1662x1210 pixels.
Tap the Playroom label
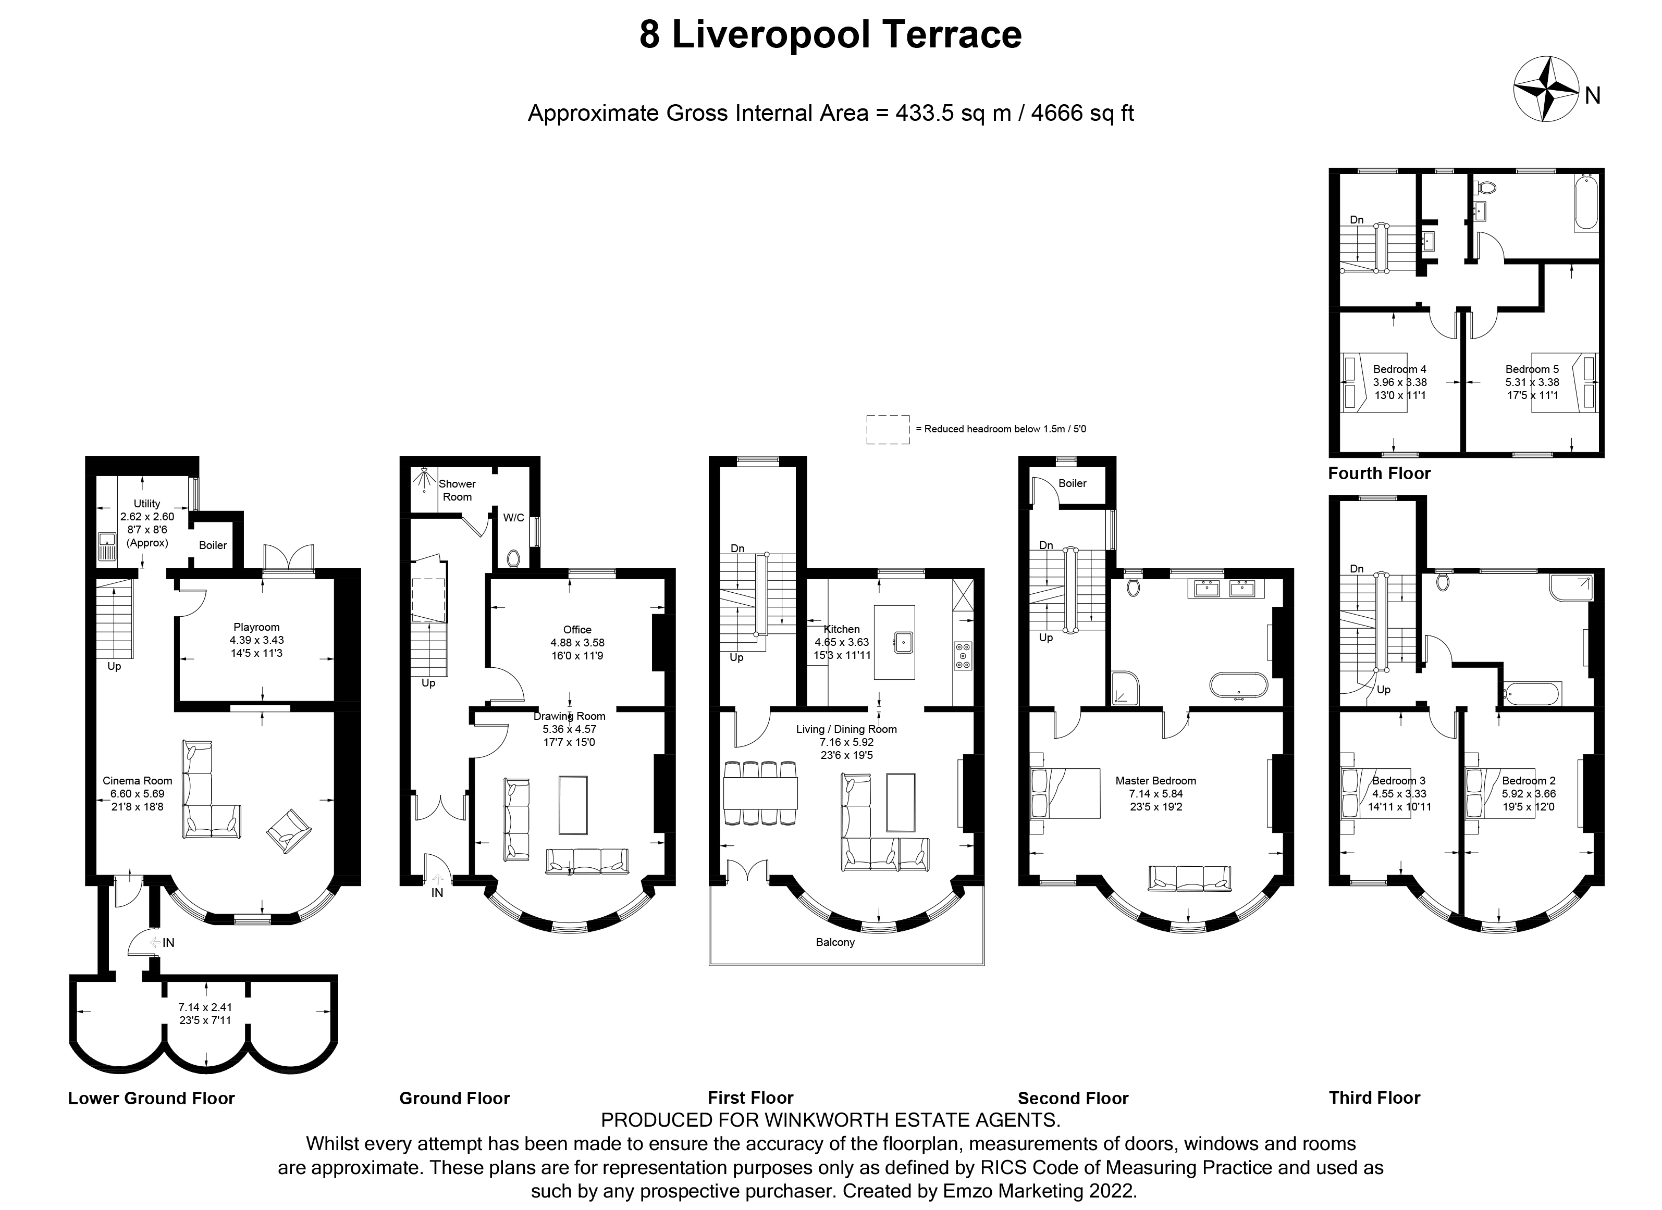[x=256, y=627]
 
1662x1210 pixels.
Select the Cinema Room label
[x=138, y=781]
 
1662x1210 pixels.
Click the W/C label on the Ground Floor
[x=514, y=518]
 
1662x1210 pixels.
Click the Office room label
[x=577, y=630]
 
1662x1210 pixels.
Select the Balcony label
[x=835, y=942]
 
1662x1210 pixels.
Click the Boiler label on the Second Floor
[x=1072, y=483]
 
